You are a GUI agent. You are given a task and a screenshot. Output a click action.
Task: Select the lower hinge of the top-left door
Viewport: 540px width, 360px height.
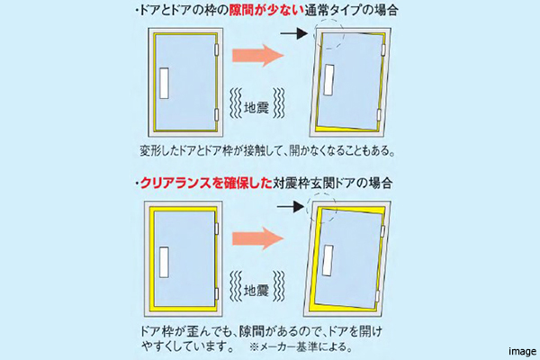coord(217,114)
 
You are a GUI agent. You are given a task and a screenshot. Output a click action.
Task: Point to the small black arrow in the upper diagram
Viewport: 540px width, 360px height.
coord(292,36)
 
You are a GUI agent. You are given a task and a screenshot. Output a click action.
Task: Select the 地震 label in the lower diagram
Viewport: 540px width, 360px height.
coord(257,290)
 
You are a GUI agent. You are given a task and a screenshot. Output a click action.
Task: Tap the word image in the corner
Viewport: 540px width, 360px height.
coord(521,351)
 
